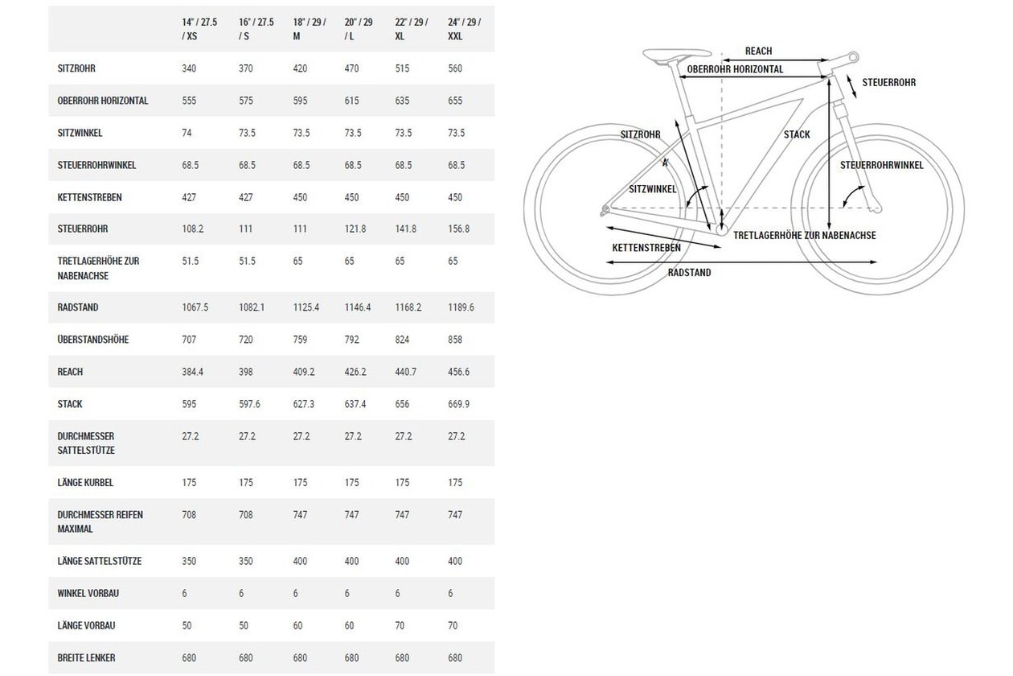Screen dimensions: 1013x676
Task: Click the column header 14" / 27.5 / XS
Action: pyautogui.click(x=199, y=29)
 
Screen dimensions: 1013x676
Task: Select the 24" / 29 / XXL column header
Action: pyautogui.click(x=465, y=29)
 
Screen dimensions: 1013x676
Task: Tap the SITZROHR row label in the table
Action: pyautogui.click(x=76, y=68)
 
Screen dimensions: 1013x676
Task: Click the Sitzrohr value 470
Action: pyautogui.click(x=351, y=68)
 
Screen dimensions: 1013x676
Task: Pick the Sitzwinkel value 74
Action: pyautogui.click(x=187, y=133)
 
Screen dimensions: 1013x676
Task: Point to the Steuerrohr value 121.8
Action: pyautogui.click(x=355, y=229)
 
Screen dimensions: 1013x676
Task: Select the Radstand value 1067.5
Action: pyautogui.click(x=195, y=307)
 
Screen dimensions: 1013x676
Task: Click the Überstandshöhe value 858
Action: pyautogui.click(x=455, y=339)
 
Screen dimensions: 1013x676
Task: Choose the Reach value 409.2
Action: pyautogui.click(x=303, y=371)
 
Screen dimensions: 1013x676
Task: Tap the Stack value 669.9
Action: pyautogui.click(x=458, y=403)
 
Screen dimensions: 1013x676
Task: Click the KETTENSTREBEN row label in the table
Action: pyautogui.click(x=89, y=197)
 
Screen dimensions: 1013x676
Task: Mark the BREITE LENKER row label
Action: pyautogui.click(x=86, y=657)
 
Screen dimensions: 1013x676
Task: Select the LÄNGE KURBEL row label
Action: pyautogui.click(x=85, y=482)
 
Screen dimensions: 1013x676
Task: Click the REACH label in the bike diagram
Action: pyautogui.click(x=758, y=52)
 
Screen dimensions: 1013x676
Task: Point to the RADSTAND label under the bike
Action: pyautogui.click(x=689, y=273)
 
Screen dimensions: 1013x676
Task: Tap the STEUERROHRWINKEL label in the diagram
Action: pyautogui.click(x=882, y=165)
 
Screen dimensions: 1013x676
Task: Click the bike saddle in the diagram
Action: pyautogui.click(x=677, y=55)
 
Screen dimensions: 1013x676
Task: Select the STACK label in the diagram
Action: pyautogui.click(x=797, y=134)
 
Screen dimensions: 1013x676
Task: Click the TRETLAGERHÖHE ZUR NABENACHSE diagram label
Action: pyautogui.click(x=805, y=236)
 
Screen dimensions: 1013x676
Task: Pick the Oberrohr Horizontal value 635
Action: pyautogui.click(x=402, y=101)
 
